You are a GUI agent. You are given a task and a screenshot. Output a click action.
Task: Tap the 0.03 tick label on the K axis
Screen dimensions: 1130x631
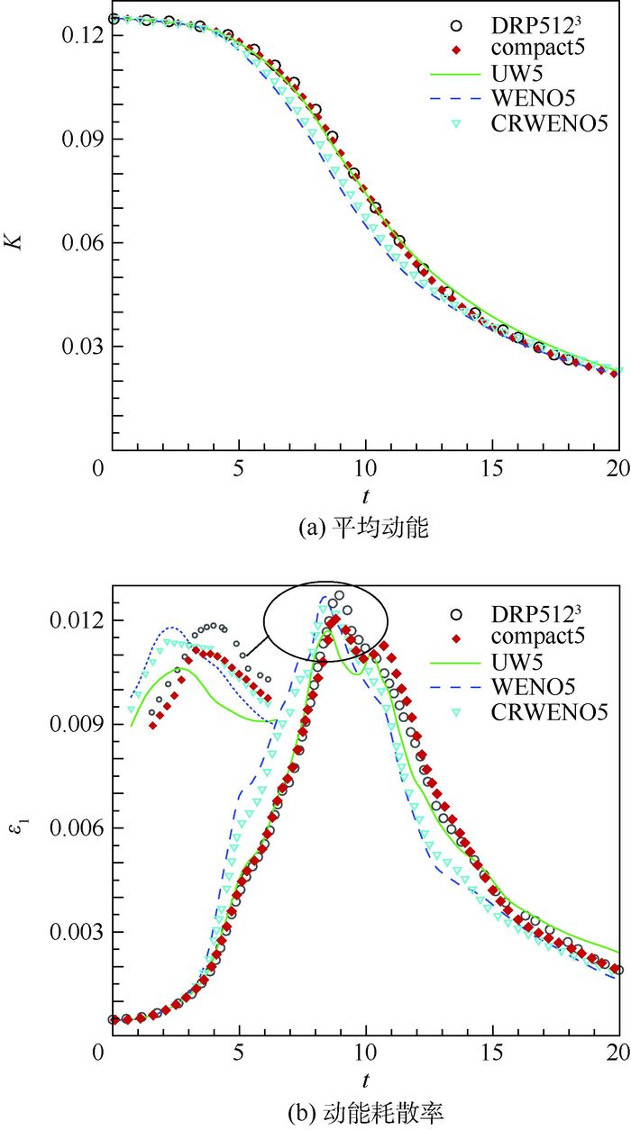[x=79, y=347]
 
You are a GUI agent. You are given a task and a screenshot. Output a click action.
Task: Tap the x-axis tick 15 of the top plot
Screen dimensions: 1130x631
[x=491, y=470]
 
